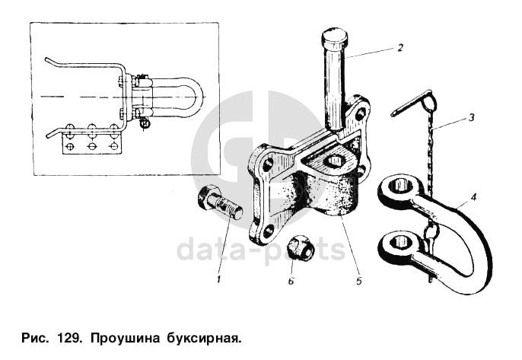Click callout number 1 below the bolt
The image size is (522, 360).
point(218,279)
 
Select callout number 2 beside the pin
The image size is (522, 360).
point(400,48)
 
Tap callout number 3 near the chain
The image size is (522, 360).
point(471,117)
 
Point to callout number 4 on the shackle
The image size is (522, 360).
point(473,197)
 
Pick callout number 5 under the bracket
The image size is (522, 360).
point(358,281)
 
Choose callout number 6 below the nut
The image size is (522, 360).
point(291,281)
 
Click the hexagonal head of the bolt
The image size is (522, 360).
point(207,197)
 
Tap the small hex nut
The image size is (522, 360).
point(300,247)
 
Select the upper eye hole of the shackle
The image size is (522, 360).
point(402,185)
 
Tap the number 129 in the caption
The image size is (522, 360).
point(69,338)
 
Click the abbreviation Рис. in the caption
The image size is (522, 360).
point(36,338)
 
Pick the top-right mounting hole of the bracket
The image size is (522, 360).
point(359,114)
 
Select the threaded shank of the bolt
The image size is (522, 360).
point(230,210)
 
